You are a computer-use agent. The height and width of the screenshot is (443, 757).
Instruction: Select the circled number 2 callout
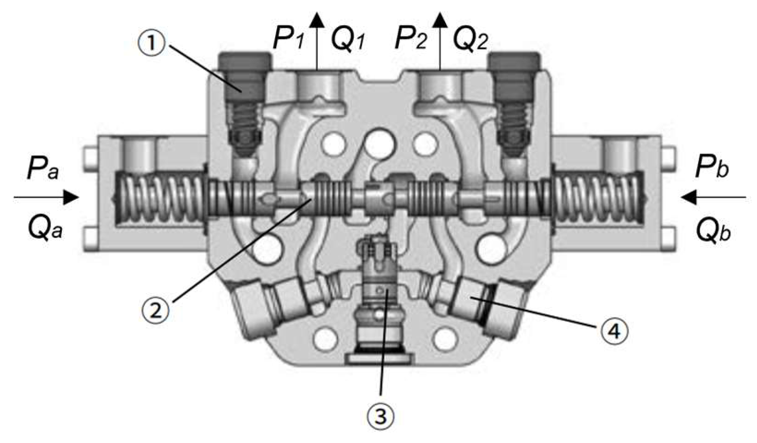(156, 309)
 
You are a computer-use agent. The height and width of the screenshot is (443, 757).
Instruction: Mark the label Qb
(713, 228)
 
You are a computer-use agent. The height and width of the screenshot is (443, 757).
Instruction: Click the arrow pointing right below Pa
(47, 197)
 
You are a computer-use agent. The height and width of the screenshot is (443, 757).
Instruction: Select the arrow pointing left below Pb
(712, 197)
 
